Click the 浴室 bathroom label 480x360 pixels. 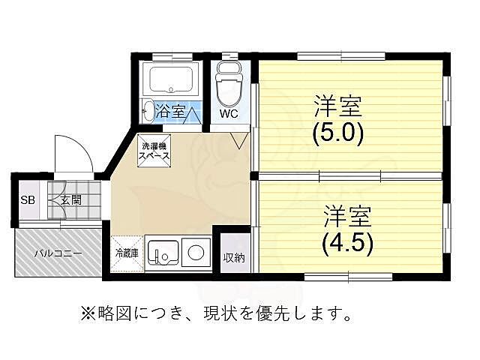[x=171, y=112]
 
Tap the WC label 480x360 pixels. [x=229, y=114]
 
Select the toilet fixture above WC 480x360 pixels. [x=228, y=85]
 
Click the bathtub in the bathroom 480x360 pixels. [x=171, y=79]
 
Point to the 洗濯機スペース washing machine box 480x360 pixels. [x=154, y=150]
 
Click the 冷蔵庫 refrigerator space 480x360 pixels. [x=126, y=253]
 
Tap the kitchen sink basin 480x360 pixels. [x=162, y=252]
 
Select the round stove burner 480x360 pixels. [x=196, y=253]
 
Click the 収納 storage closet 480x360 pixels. [x=232, y=258]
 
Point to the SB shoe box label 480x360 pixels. [x=27, y=200]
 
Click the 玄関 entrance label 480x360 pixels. [x=70, y=200]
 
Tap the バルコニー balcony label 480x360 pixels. [x=57, y=253]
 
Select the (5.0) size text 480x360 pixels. [x=337, y=133]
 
